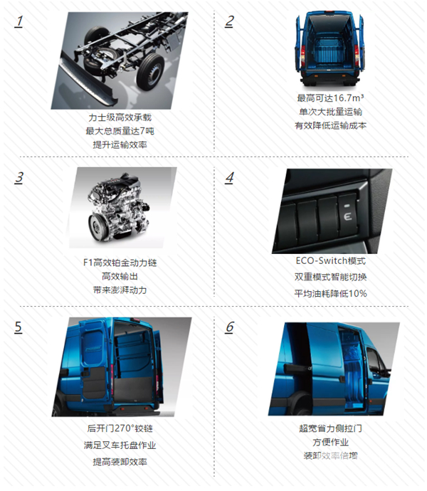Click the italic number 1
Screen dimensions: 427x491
[19, 21]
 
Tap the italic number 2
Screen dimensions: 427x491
[230, 21]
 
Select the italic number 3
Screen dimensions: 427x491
[19, 178]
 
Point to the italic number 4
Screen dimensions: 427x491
[230, 178]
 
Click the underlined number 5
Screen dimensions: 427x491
[19, 327]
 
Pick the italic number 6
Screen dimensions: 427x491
[230, 327]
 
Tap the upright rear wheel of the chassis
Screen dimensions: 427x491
[150, 71]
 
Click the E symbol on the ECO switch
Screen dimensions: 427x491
[347, 216]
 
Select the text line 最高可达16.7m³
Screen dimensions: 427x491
[330, 98]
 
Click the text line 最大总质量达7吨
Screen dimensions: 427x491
[120, 131]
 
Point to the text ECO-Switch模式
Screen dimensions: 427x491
[330, 260]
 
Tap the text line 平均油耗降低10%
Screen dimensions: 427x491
[330, 293]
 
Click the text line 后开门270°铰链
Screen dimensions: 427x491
[120, 428]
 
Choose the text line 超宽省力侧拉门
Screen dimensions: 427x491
[330, 428]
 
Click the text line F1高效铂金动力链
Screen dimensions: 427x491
[120, 263]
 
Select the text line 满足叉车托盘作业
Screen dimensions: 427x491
[120, 445]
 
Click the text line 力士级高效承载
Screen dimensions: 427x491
[120, 117]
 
